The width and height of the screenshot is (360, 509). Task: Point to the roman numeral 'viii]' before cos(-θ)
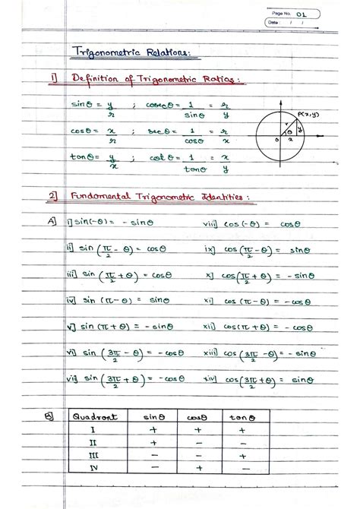(210, 223)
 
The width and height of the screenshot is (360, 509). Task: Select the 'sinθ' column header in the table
(154, 416)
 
